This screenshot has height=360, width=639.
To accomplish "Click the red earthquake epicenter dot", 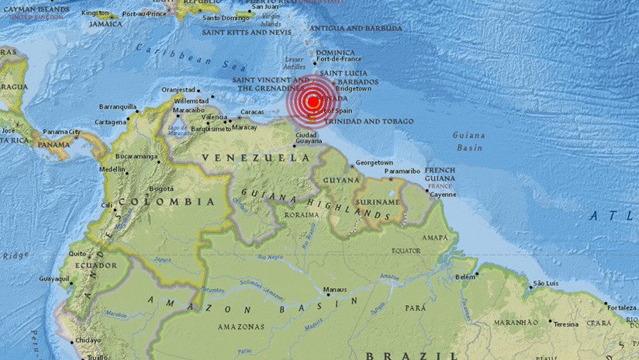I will coord(313,102).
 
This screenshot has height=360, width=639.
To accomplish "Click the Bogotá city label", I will coord(161,188).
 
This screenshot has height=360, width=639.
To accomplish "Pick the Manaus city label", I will coord(336,289).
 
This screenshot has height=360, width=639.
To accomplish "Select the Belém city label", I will coord(466,276).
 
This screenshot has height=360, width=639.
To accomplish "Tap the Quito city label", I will coord(77,253).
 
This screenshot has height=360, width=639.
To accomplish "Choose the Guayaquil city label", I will coord(55,278).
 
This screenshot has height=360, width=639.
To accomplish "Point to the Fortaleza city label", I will coord(623,307).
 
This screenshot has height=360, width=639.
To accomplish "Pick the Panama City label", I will coord(61,132).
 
